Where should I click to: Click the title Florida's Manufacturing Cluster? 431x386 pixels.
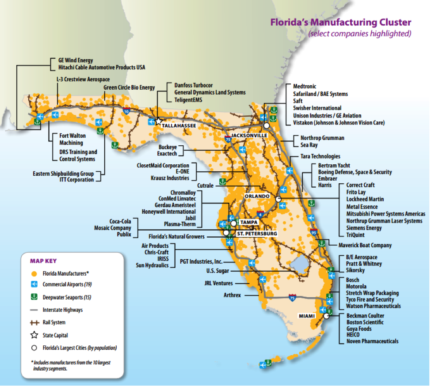point(341,23)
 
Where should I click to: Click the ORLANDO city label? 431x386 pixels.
point(257,196)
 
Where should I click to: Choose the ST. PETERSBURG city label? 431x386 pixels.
point(257,233)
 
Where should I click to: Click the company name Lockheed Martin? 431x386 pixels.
point(365,199)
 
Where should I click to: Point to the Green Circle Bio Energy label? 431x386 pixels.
point(129,87)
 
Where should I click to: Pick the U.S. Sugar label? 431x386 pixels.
point(217,271)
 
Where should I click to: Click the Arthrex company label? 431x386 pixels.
point(232,295)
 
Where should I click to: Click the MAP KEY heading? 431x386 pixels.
point(43,261)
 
